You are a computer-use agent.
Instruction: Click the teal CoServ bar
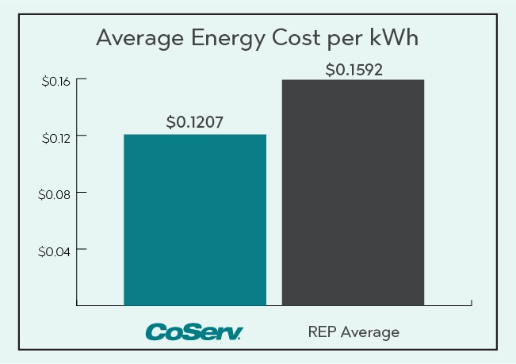point(195,220)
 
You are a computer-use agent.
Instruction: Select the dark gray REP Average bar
point(354,192)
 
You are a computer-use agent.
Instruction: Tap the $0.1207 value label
point(195,122)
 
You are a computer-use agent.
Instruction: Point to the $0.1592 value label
point(354,69)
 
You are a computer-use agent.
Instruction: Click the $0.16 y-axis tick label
point(55,81)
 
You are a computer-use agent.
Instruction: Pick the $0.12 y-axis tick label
point(55,137)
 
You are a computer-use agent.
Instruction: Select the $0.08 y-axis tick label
point(55,193)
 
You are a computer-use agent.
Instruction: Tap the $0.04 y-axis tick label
point(55,251)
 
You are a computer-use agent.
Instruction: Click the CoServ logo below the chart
point(193,331)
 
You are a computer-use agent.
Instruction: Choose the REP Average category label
point(354,331)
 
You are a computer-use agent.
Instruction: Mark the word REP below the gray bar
point(321,331)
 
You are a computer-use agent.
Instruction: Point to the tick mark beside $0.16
point(80,81)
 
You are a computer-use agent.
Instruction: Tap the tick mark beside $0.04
point(80,251)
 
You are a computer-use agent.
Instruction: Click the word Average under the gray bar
point(369,331)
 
